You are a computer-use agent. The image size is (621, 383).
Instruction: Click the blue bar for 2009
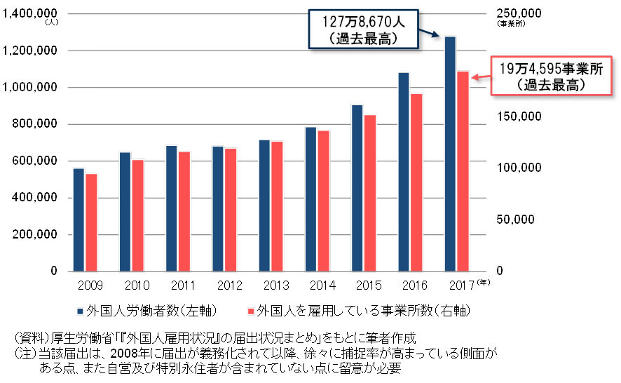click(79, 220)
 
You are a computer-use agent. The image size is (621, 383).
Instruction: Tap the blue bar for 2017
click(450, 154)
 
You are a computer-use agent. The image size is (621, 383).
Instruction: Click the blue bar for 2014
click(310, 199)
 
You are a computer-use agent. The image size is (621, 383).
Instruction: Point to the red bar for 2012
click(230, 210)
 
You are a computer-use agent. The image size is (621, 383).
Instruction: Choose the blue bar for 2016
click(404, 172)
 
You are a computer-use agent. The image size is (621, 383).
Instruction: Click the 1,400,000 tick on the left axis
click(32, 14)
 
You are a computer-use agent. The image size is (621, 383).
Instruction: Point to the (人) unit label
click(53, 23)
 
